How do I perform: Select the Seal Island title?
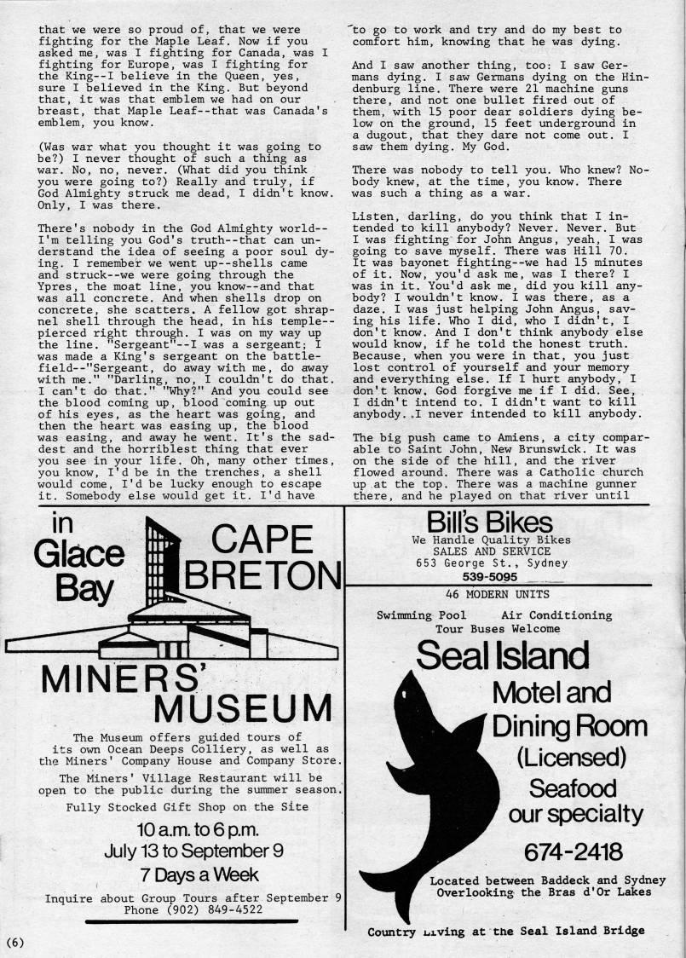tap(503, 655)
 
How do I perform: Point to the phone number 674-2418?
tap(573, 851)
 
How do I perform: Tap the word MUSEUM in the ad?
tap(242, 707)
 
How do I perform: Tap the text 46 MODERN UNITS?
tap(498, 594)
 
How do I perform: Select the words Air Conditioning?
tap(556, 615)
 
